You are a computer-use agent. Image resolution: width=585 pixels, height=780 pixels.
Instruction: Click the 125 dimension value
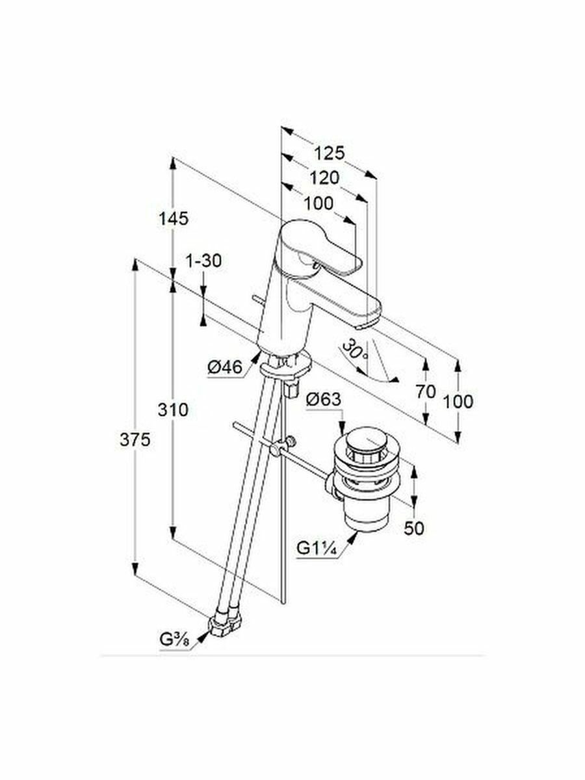pos(329,153)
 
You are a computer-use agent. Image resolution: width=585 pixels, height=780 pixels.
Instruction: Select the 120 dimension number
pos(324,178)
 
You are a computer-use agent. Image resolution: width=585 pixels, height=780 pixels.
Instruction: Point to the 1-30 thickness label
pos(203,261)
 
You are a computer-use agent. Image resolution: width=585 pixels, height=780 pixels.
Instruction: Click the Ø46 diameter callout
pos(224,369)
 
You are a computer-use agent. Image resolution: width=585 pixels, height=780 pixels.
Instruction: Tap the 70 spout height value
pos(426,391)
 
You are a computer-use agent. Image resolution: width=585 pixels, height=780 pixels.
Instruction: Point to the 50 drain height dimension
pos(413,528)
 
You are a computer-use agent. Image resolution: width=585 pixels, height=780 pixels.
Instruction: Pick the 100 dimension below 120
pos(318,203)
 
